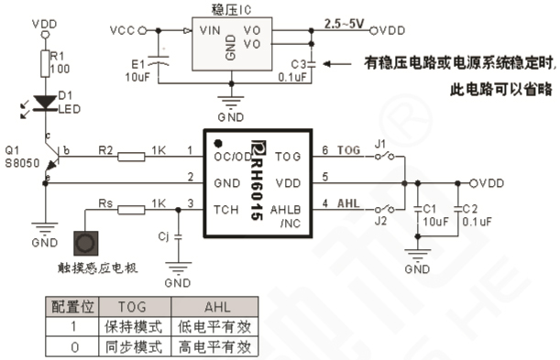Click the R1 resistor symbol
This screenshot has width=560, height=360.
point(44,62)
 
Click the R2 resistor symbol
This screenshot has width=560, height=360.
point(131,157)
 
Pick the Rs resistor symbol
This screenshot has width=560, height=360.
point(131,209)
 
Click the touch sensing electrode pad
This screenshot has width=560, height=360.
point(85,244)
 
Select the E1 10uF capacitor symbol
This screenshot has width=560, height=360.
point(162,63)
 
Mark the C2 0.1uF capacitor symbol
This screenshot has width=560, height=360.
point(456,213)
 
